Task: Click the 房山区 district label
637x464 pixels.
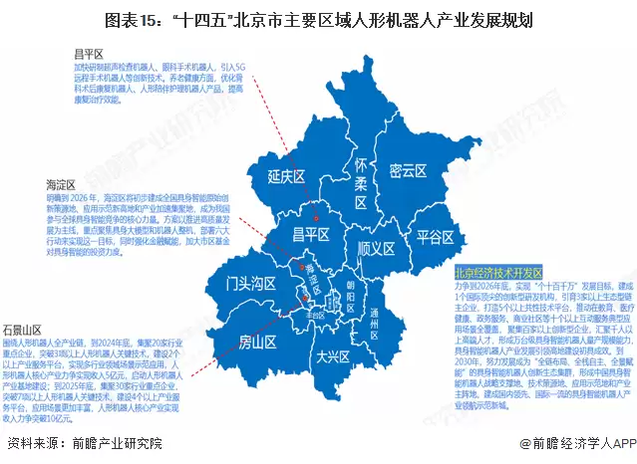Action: click(255, 343)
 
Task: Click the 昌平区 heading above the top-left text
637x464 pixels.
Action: click(88, 51)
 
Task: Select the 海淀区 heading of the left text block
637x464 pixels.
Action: click(61, 184)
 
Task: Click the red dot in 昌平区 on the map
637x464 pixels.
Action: click(316, 215)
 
